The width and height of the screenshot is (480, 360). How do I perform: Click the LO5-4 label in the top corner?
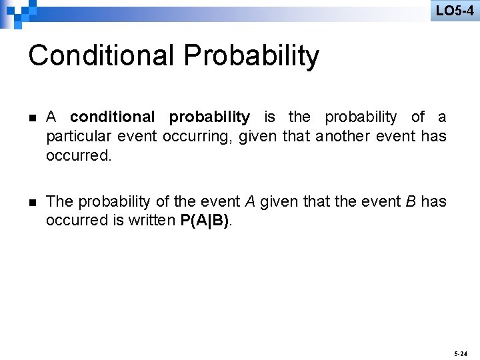(x=455, y=10)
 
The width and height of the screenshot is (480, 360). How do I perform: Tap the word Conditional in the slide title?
(x=101, y=56)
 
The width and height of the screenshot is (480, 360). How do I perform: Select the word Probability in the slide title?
(x=252, y=56)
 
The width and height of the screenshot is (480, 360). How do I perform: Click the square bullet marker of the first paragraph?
(x=32, y=118)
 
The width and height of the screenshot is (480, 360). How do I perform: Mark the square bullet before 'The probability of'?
(x=32, y=202)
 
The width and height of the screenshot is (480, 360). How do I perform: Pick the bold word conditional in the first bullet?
(x=111, y=117)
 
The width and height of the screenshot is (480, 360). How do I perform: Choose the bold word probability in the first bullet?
(x=209, y=117)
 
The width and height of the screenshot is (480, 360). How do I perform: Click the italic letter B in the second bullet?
(x=411, y=201)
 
